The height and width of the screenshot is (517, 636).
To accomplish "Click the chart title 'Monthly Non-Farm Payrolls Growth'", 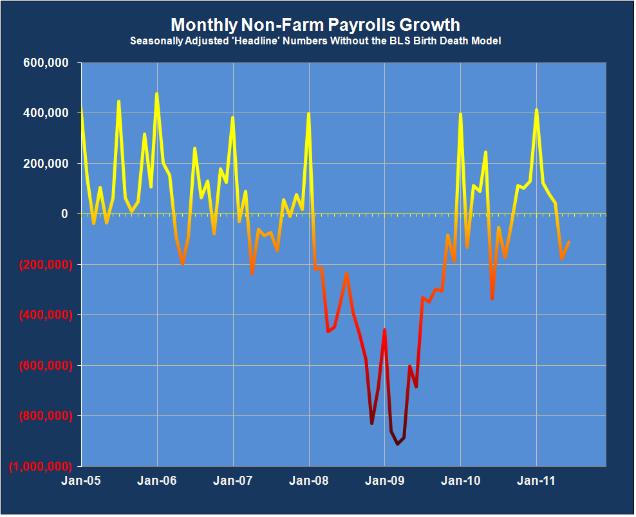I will (315, 25).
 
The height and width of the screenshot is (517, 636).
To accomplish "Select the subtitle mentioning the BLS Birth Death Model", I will (315, 41).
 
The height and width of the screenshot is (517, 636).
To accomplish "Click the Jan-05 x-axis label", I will (81, 480).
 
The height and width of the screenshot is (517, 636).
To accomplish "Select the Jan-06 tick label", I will (157, 480).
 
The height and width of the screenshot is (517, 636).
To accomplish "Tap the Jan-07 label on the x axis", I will (232, 480).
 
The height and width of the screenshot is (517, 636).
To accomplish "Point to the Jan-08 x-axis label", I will (308, 480).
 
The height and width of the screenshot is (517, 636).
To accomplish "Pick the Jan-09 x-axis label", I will (384, 480).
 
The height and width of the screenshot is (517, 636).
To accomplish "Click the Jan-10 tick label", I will (460, 480).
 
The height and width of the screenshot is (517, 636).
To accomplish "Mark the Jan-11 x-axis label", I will (536, 480).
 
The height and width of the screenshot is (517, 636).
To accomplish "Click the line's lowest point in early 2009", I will (397, 444).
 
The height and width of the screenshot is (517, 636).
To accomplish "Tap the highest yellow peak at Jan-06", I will (157, 94).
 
